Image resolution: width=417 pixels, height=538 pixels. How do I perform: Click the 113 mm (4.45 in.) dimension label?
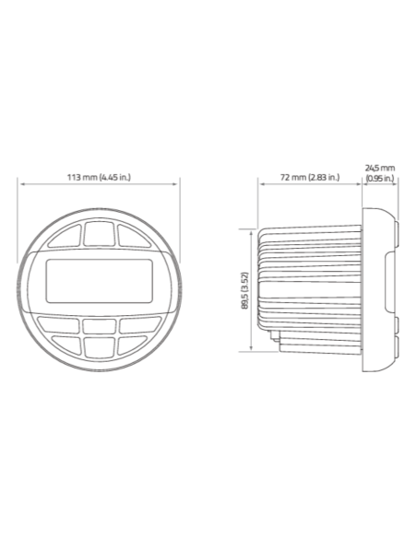[99, 178]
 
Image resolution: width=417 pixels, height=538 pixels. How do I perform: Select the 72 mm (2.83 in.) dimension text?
[310, 178]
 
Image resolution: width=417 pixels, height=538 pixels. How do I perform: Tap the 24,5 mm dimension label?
[380, 168]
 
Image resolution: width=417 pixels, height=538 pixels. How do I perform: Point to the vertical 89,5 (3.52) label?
[244, 290]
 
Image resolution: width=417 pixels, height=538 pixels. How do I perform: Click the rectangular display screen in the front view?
[100, 281]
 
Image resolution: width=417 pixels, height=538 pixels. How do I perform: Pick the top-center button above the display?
[99, 234]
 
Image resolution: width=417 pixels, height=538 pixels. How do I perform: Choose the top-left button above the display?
[65, 236]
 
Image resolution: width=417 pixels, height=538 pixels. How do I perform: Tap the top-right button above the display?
[134, 236]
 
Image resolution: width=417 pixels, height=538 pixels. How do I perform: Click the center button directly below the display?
[100, 326]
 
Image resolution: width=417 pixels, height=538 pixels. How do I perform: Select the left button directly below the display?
[59, 324]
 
